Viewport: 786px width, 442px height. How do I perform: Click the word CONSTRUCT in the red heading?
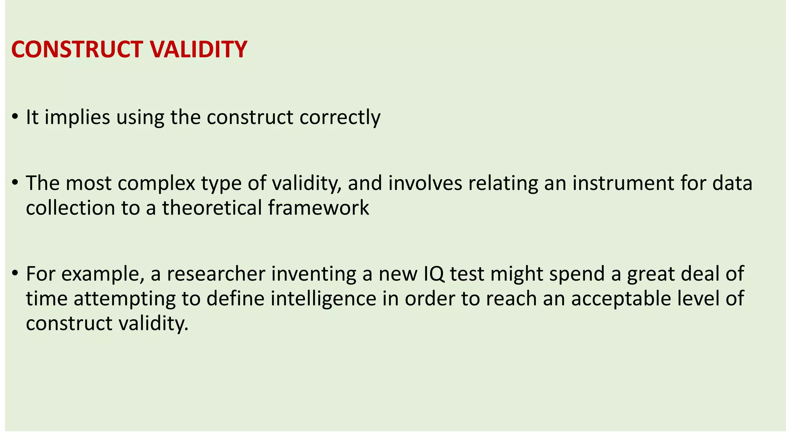77,49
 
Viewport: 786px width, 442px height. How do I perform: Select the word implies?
77,117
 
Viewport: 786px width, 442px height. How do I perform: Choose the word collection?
71,208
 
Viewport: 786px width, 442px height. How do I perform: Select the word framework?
319,208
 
